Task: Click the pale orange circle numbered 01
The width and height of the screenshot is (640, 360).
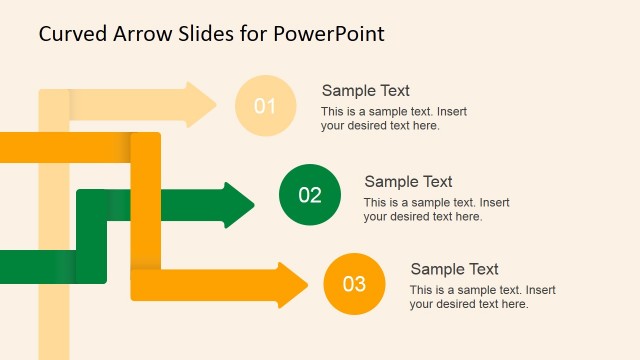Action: click(265, 105)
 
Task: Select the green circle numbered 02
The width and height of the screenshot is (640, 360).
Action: click(310, 194)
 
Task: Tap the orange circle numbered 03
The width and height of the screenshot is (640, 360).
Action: click(354, 283)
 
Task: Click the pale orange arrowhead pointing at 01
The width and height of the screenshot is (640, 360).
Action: click(201, 104)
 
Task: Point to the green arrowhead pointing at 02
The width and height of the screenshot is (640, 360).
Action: click(240, 205)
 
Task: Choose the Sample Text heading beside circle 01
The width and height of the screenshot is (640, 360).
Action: click(365, 90)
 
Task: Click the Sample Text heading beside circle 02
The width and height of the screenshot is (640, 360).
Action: click(408, 181)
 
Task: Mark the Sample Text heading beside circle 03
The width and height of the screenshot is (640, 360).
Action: click(454, 269)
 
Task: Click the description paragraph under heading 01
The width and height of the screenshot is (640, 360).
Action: click(392, 119)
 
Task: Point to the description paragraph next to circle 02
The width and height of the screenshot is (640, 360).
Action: click(436, 209)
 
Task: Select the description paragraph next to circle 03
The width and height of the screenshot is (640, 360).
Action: click(482, 297)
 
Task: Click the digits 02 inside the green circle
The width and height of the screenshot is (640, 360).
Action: click(310, 194)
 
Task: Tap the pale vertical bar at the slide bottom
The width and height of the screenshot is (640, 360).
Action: click(54, 330)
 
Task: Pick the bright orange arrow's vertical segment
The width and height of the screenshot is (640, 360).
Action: click(146, 210)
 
